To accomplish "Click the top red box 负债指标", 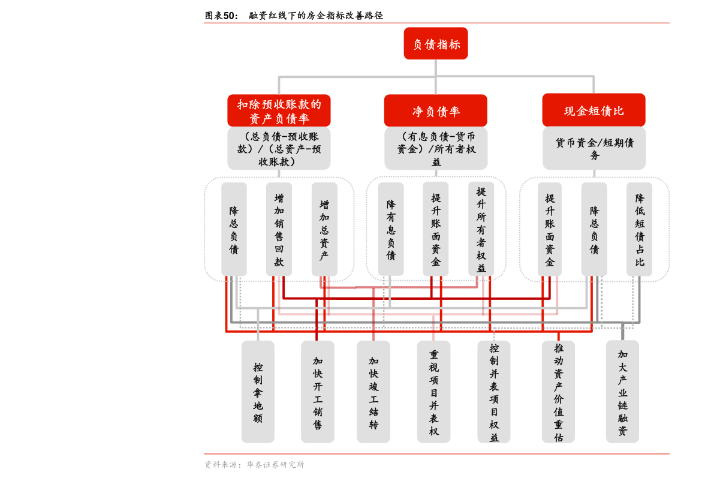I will pos(435,44).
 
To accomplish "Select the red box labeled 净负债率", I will pos(435,111).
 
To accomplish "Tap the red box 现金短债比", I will pos(594,110).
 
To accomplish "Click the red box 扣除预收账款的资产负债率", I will pos(279,111).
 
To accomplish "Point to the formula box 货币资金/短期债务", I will pos(594,148).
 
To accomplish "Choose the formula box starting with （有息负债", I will pos(435,148).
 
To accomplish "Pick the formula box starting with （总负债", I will pos(279,148).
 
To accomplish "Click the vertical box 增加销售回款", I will pos(279,229).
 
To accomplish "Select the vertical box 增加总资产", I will pos(324,229).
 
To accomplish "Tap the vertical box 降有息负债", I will pos(390,229).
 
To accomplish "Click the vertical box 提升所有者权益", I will pos(481,229).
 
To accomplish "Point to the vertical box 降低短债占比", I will pos(639,229).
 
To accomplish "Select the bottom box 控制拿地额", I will pos(258,392).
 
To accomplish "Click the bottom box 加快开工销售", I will pos(317,392).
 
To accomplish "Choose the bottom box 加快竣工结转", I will pos(373,392).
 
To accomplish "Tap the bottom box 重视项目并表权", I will pos(433,392).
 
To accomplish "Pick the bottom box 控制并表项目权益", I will pos(494,392).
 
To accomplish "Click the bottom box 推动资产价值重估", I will pos(558,392).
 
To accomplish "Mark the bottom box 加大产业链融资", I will pos(622,392).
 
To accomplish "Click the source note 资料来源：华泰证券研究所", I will pos(254,465).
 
